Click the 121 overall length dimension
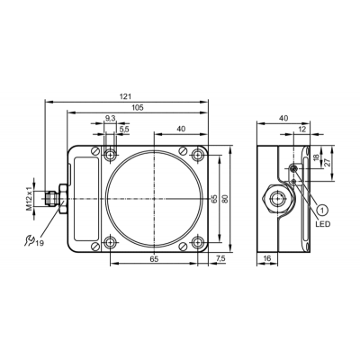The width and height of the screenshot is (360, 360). coord(126,96)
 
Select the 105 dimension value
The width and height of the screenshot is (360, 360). coord(138,107)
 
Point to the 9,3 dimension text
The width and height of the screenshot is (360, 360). coord(110,119)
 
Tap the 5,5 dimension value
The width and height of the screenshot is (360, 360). coord(124,129)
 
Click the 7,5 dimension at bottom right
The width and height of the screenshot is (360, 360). coord(220,259)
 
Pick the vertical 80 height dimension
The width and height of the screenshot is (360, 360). coord(226,199)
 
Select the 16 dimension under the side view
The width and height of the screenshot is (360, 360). coord(266,258)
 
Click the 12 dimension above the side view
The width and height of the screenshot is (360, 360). coord(302,129)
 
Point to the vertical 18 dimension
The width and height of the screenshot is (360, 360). coord(316,157)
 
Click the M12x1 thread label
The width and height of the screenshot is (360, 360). coord(29,199)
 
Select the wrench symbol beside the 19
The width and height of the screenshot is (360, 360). coord(30,240)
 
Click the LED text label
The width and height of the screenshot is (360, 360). coord(323,224)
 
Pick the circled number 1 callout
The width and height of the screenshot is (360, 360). coord(322,210)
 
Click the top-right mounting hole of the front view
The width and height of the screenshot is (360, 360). coord(197,155)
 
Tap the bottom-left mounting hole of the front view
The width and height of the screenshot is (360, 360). coord(110,242)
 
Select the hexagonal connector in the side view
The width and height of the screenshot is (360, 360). coord(277,199)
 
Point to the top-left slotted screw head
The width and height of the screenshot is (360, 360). coord(95,151)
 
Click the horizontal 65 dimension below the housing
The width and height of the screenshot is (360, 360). coord(154,259)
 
